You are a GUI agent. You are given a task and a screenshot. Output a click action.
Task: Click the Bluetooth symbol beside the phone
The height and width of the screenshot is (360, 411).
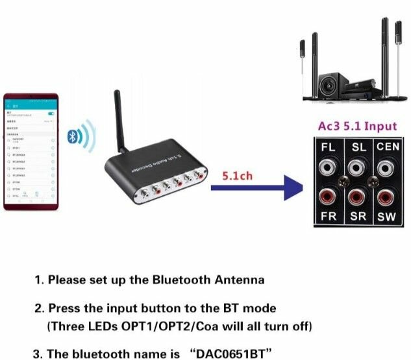(x=73, y=136)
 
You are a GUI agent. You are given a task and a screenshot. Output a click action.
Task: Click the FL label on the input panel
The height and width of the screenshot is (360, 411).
(x=329, y=147)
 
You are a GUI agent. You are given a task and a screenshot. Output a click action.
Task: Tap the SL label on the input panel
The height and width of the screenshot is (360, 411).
(x=358, y=147)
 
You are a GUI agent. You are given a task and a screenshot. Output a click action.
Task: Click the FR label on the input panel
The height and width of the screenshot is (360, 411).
(x=329, y=216)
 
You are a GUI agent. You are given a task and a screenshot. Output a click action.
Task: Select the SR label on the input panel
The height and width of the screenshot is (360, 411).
(x=358, y=216)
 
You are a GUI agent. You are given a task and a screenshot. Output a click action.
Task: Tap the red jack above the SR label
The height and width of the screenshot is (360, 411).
(x=356, y=195)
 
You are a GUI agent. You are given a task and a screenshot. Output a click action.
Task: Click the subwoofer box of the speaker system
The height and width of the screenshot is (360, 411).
(x=330, y=82)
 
